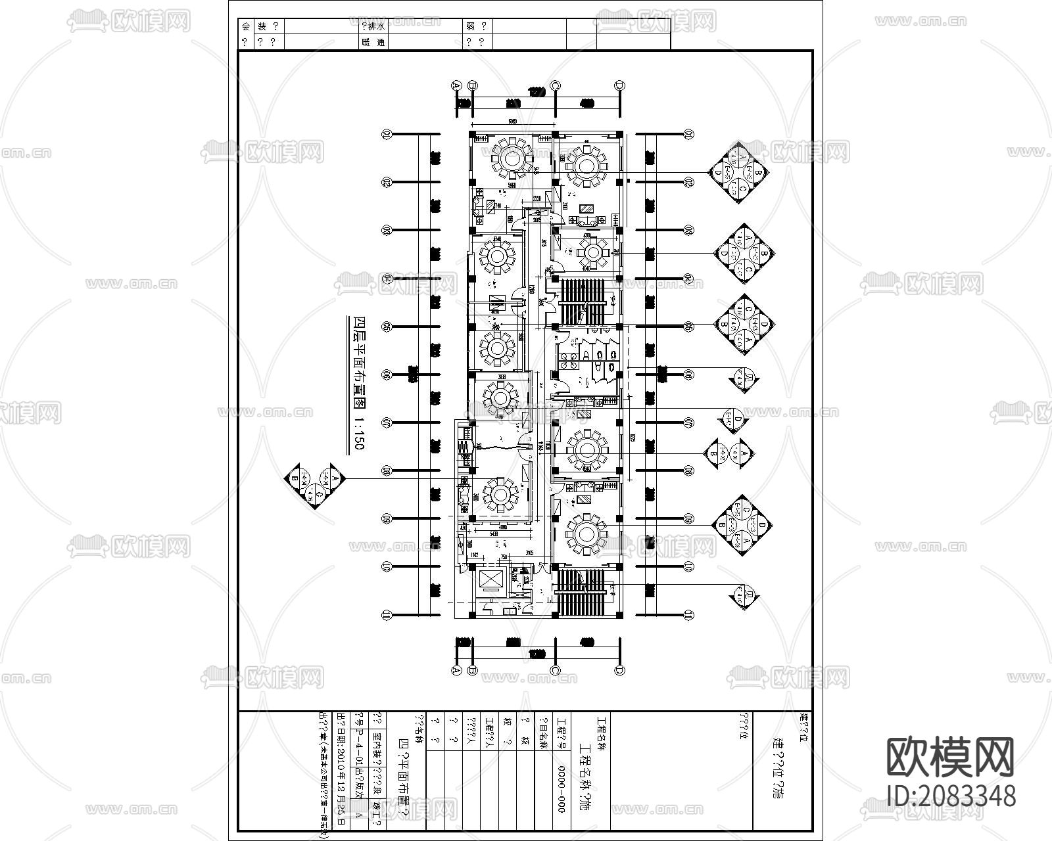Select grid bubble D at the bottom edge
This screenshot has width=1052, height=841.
pos(619,671)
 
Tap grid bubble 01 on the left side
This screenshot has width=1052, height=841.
pos(387,135)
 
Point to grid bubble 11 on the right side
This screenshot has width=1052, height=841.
pos(688,615)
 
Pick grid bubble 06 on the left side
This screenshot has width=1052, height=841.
pos(387,375)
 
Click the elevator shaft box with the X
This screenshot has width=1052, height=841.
pos(490,579)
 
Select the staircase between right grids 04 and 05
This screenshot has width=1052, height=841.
pos(583,302)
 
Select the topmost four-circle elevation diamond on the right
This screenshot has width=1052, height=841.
pos(741,173)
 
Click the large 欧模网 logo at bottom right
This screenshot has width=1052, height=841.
pos(951,756)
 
